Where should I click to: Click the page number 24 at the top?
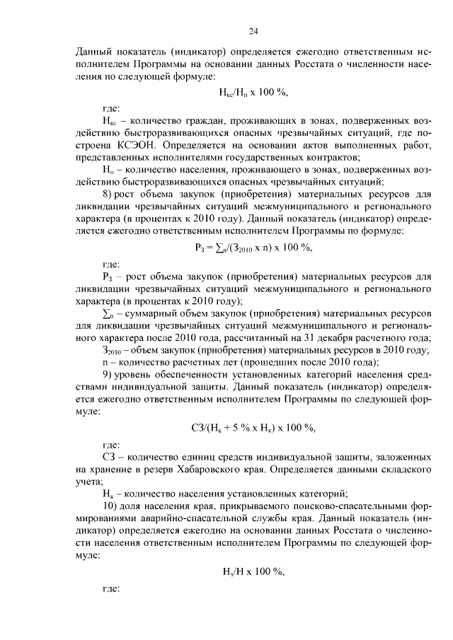point(253,30)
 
